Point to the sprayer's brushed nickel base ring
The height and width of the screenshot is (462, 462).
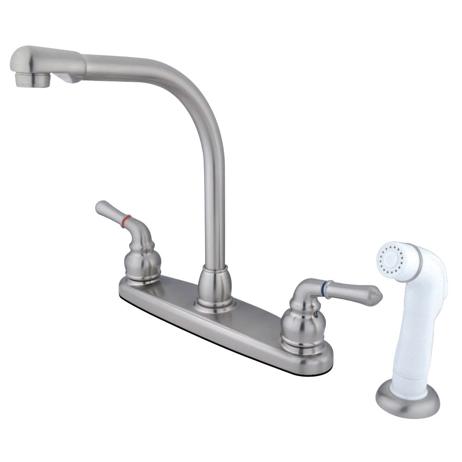coord(407,404)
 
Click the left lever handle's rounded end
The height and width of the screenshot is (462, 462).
coord(101,207)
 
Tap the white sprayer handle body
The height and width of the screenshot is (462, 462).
coord(423,323)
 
